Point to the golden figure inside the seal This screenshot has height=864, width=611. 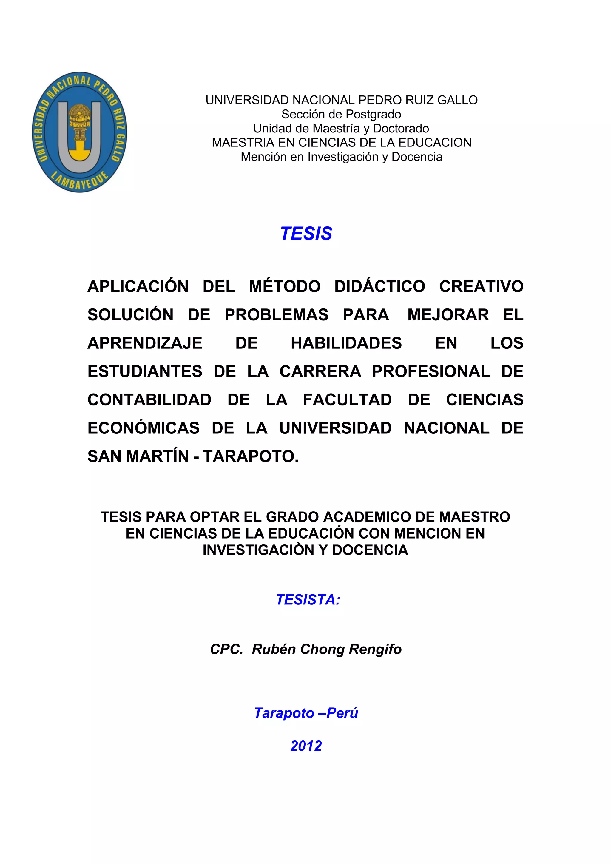(x=79, y=122)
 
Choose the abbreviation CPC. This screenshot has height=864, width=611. (x=226, y=649)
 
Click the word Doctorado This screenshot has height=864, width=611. (x=401, y=128)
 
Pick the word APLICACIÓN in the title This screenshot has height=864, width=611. (x=138, y=287)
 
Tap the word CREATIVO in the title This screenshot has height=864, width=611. (x=481, y=287)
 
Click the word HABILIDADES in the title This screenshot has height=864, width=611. (x=346, y=343)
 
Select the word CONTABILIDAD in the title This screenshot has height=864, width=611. (x=149, y=400)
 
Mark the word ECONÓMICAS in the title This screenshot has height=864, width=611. (x=143, y=428)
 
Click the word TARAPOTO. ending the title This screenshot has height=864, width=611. (x=251, y=456)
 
